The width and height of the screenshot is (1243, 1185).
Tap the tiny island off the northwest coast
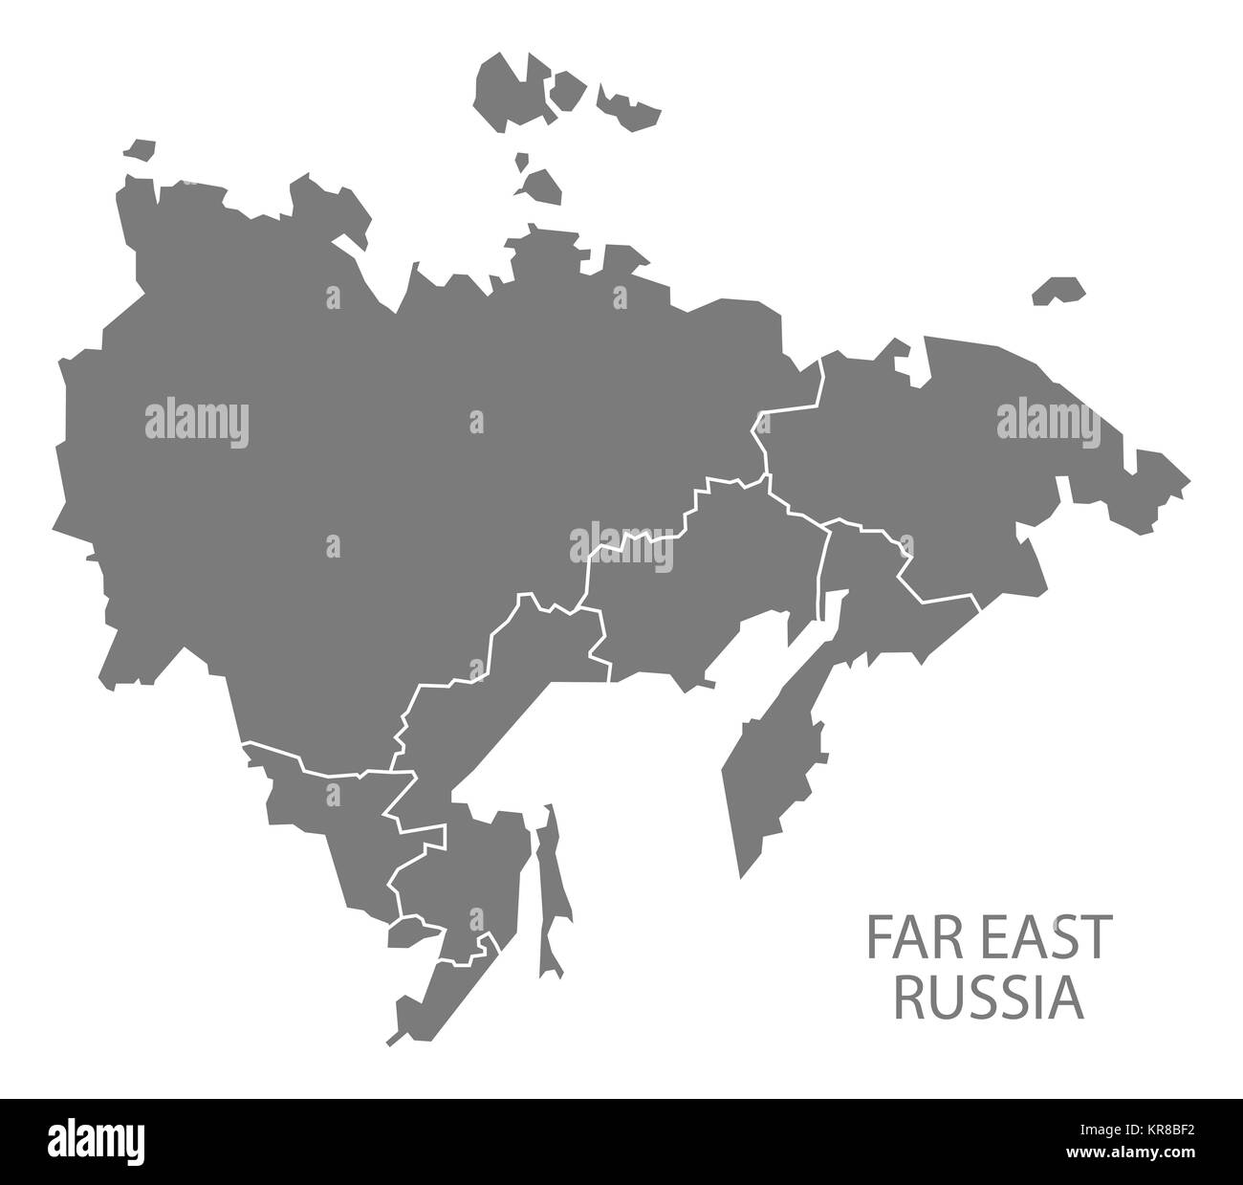pyautogui.click(x=138, y=150)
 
